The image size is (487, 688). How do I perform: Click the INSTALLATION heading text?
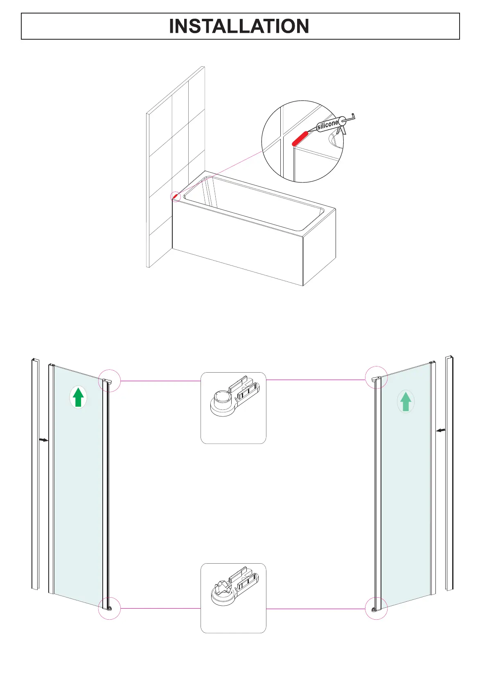pyautogui.click(x=239, y=26)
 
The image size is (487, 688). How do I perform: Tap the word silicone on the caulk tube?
pyautogui.click(x=327, y=124)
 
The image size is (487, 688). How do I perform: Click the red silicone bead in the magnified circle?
pyautogui.click(x=300, y=138)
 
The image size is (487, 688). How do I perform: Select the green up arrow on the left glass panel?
pyautogui.click(x=78, y=398)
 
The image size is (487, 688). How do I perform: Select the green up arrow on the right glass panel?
pyautogui.click(x=406, y=402)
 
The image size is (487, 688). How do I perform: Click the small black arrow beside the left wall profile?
pyautogui.click(x=43, y=440)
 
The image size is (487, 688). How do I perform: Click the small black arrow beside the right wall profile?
pyautogui.click(x=441, y=430)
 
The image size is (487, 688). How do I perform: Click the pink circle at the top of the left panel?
pyautogui.click(x=110, y=381)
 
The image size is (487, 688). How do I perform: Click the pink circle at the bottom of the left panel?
pyautogui.click(x=109, y=608)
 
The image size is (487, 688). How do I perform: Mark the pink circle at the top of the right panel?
pyautogui.click(x=376, y=378)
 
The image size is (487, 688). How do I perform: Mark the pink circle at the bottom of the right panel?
pyautogui.click(x=376, y=608)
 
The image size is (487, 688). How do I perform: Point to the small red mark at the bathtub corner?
pyautogui.click(x=176, y=197)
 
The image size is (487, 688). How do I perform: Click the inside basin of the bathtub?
pyautogui.click(x=254, y=202)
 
